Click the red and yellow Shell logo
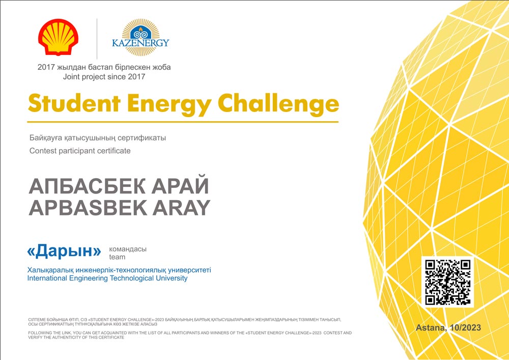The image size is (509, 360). (59, 37)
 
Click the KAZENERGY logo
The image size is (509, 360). (140, 37)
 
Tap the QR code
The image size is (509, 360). (447, 282)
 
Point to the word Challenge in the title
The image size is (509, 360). (278, 104)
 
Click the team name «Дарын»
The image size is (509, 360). (64, 251)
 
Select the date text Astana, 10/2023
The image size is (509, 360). (448, 327)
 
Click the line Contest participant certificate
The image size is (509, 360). (80, 151)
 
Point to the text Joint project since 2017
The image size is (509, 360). (104, 77)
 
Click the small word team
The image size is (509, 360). (117, 257)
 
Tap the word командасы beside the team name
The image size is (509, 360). (128, 249)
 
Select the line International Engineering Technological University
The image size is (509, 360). (107, 278)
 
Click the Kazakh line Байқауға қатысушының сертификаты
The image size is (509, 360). (98, 138)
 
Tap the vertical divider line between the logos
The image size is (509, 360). (97, 39)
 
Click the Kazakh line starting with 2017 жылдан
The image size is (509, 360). (104, 68)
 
